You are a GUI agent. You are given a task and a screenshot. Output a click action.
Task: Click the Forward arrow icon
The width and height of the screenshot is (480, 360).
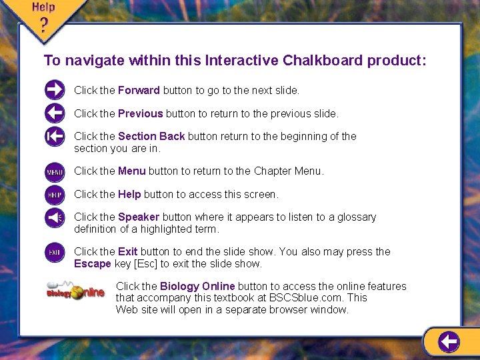click(55, 89)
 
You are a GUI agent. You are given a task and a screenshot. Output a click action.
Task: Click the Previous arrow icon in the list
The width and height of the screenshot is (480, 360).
click(55, 113)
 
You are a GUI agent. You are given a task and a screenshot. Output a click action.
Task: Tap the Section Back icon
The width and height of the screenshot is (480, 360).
click(55, 137)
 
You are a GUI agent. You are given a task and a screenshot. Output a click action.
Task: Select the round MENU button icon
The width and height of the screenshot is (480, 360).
click(55, 172)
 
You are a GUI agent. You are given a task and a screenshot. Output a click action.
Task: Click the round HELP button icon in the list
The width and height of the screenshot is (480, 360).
click(55, 195)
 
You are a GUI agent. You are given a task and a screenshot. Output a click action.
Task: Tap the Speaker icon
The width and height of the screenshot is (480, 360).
click(55, 218)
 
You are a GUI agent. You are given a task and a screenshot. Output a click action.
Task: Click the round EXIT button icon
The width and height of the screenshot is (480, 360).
click(55, 253)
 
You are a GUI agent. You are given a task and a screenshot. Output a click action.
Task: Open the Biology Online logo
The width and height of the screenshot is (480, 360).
click(75, 291)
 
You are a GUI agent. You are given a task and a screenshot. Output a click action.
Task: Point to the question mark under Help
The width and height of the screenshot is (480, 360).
click(44, 26)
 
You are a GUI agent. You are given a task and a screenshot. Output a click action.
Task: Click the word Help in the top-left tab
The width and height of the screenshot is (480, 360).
click(43, 7)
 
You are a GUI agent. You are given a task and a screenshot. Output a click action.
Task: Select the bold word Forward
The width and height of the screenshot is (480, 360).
click(139, 90)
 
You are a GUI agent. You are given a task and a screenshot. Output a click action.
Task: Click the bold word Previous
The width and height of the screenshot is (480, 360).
click(140, 113)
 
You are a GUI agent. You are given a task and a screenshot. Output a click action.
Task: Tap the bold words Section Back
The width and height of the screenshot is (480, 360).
click(151, 136)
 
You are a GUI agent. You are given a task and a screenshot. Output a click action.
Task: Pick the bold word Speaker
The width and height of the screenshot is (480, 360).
click(139, 217)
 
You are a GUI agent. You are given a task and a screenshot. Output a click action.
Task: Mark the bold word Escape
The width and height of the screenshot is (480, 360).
click(92, 263)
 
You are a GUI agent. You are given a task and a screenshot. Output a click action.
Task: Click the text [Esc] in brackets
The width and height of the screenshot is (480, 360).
click(146, 263)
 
